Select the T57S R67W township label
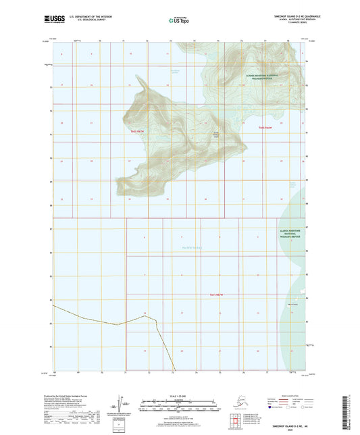pyautogui.click(x=215, y=295)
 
